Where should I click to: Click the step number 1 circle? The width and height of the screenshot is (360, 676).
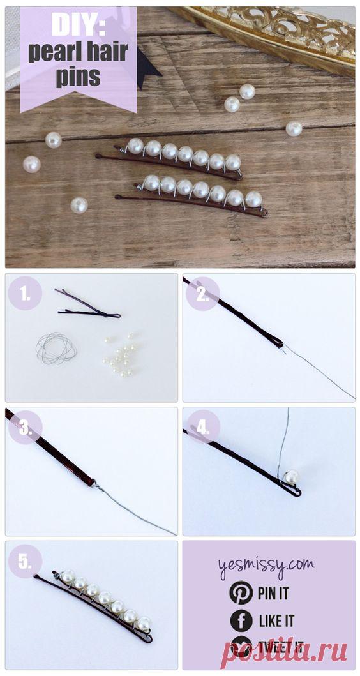click(x=26, y=294)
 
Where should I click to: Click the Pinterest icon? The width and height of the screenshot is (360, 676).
click(x=240, y=592)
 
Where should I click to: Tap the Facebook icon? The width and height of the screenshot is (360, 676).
click(x=240, y=620)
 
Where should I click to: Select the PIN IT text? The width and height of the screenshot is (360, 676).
click(x=273, y=593)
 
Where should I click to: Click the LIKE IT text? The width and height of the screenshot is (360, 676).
click(x=276, y=620)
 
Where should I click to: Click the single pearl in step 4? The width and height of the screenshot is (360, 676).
click(x=292, y=477)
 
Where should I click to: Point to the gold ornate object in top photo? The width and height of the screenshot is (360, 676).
click(x=281, y=32)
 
